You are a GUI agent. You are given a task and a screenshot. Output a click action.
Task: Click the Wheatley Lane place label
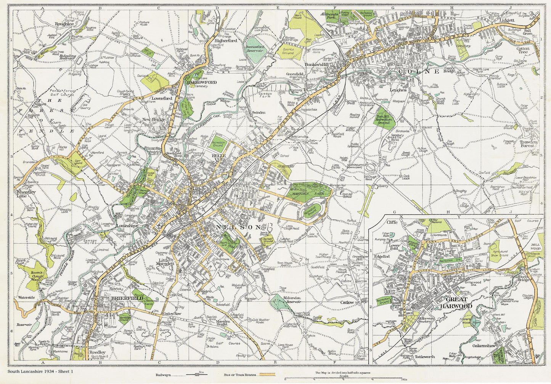click(x=26, y=194)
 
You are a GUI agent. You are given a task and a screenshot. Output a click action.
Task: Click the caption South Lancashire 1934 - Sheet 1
click(x=40, y=371)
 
